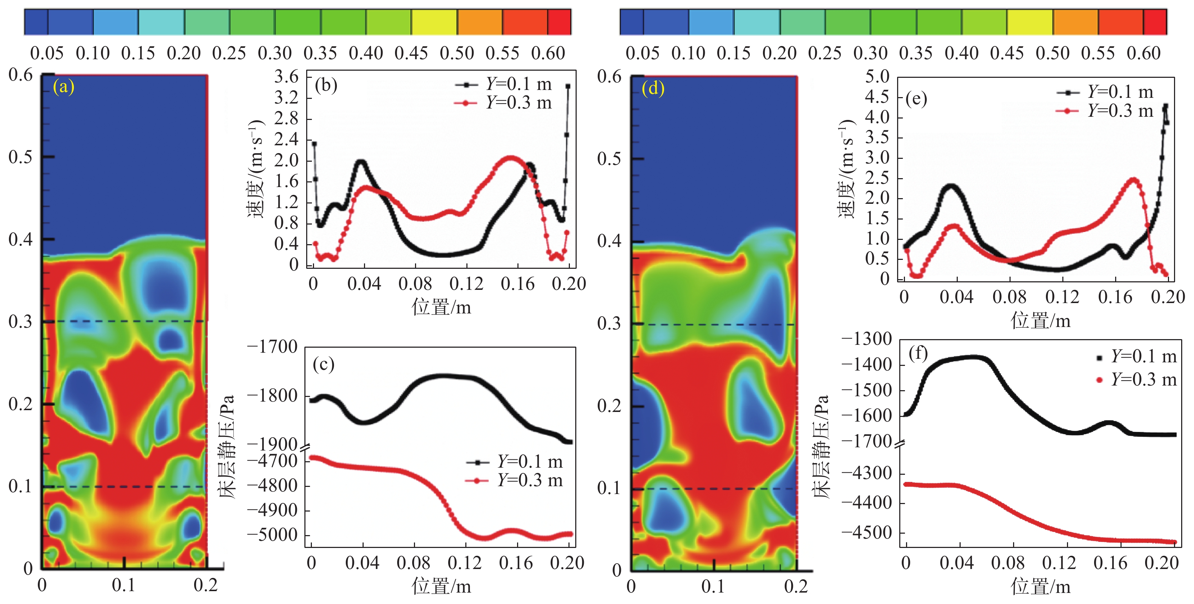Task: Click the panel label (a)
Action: coord(64,87)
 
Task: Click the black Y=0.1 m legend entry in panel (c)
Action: coord(515,462)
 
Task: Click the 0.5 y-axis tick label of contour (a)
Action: coord(20,157)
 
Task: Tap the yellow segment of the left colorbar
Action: coord(434,22)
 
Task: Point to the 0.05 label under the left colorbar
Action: coord(47,53)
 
